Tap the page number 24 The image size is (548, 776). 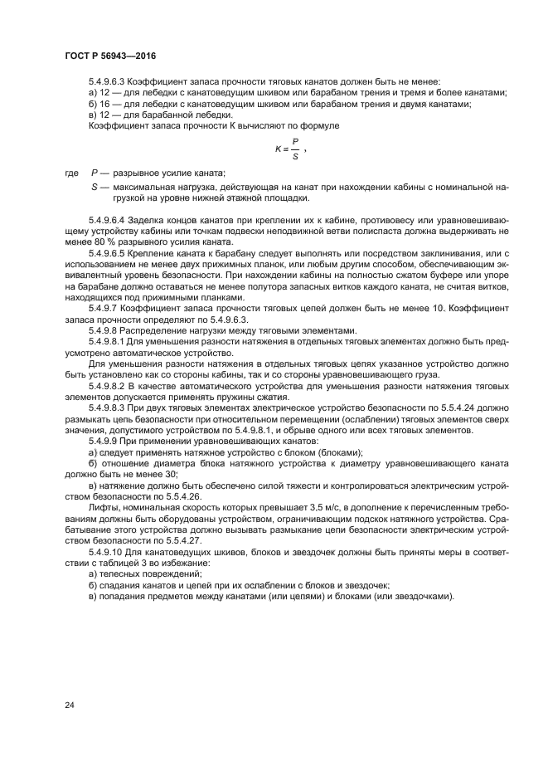click(x=70, y=705)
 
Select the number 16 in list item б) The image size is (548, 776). click(x=105, y=104)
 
